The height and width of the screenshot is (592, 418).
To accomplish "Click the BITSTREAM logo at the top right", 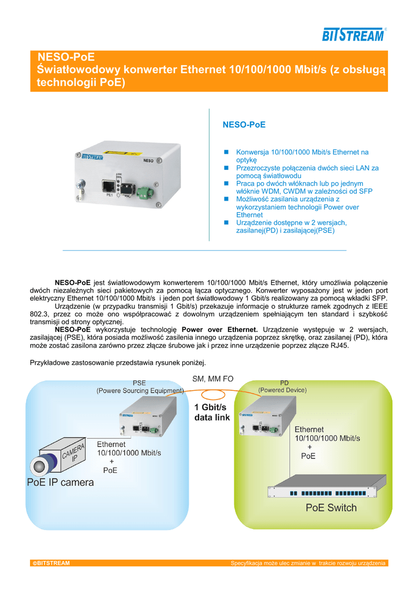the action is tap(354, 35).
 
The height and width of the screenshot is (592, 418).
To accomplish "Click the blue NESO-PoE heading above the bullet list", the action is tap(244, 125).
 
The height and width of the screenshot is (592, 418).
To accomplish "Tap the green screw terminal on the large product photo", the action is tap(144, 192).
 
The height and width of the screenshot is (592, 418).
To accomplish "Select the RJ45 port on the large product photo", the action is tap(109, 186).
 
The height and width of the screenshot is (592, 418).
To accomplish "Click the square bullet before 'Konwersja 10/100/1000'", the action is tap(226, 152).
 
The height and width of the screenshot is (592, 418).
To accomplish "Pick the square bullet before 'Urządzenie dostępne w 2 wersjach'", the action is tap(226, 223).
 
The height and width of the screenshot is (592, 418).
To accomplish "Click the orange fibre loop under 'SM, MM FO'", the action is tap(213, 395).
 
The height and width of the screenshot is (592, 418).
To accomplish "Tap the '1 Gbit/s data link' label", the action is tap(212, 412).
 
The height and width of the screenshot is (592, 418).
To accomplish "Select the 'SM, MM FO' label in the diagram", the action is tap(212, 379).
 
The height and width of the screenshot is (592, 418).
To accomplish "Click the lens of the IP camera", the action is tap(39, 467).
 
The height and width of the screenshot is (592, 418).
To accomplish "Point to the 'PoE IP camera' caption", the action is tap(60, 482).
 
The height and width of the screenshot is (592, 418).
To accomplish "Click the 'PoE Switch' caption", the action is tap(331, 508).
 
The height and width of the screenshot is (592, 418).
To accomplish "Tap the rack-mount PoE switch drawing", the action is tap(327, 487).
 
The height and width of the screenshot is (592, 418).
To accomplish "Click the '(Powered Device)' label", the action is tap(282, 390).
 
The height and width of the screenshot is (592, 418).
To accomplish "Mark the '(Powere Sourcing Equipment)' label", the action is tap(140, 391).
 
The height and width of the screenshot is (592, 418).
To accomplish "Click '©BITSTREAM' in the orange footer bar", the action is tap(51, 563).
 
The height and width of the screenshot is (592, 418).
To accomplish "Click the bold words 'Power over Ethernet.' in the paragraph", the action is tap(220, 330).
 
